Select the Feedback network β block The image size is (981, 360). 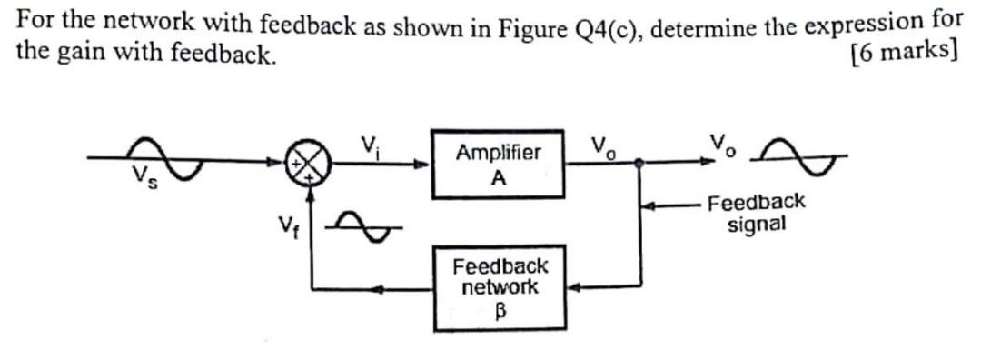[500, 286]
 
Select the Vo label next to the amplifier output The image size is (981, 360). [601, 145]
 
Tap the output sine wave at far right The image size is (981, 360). [799, 160]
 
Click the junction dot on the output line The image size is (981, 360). [639, 165]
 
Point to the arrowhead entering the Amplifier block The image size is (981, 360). [422, 165]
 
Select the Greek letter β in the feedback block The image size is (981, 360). [499, 310]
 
